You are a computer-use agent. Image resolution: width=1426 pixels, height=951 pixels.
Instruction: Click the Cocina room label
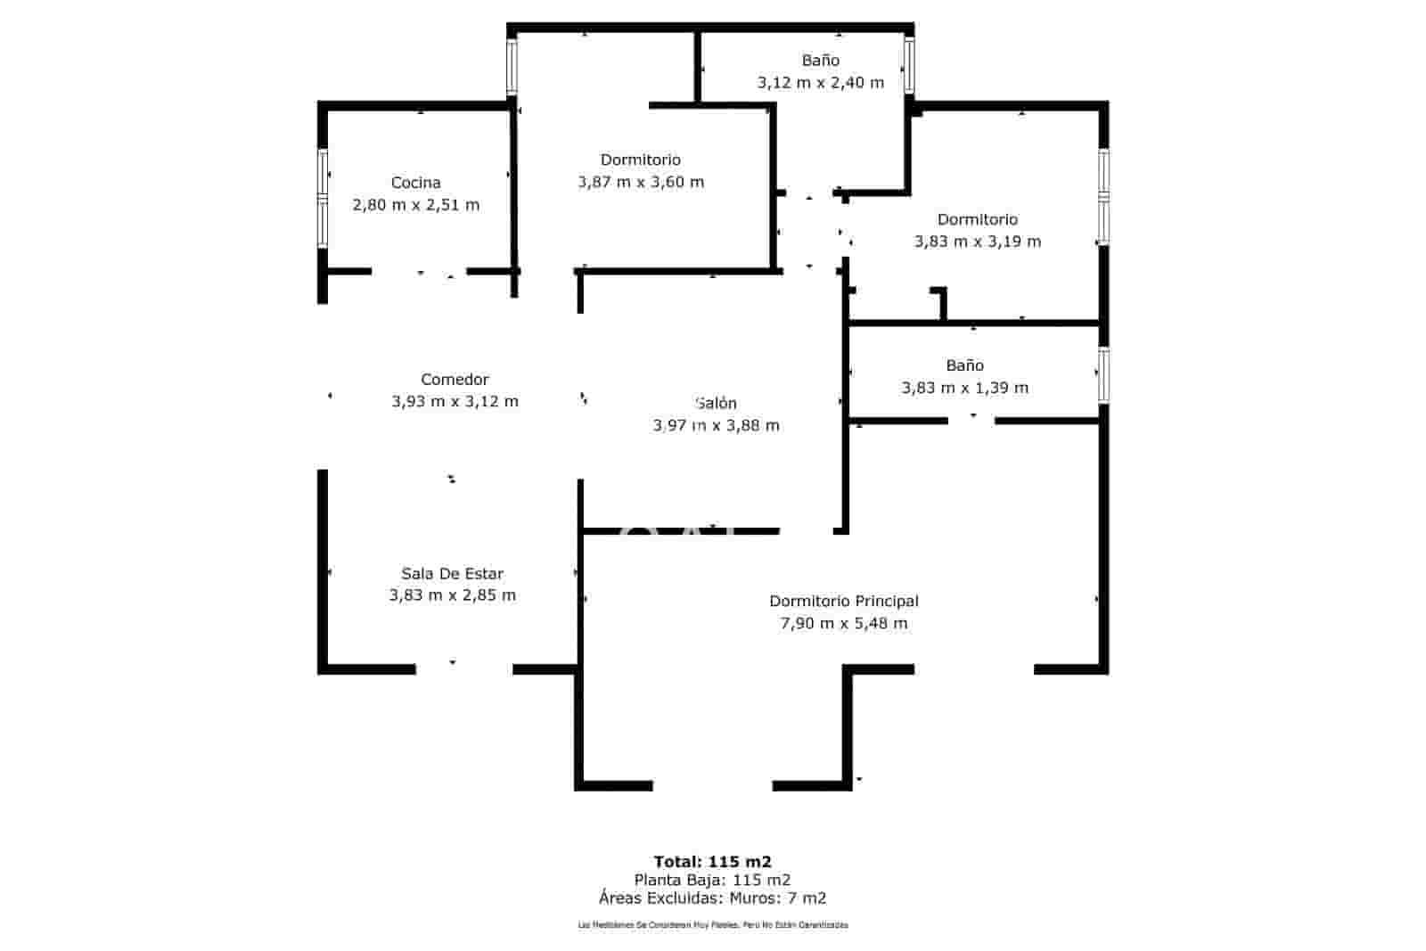pyautogui.click(x=415, y=183)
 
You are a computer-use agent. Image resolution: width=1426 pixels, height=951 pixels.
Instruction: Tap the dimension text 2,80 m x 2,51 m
pyautogui.click(x=416, y=205)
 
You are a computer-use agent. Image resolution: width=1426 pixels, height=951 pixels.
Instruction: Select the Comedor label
pyautogui.click(x=455, y=380)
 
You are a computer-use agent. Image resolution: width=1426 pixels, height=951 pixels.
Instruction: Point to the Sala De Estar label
pyautogui.click(x=452, y=574)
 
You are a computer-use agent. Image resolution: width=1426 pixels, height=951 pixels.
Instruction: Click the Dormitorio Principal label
pyautogui.click(x=844, y=602)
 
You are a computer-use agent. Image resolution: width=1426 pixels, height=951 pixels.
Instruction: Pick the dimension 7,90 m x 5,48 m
pyautogui.click(x=844, y=624)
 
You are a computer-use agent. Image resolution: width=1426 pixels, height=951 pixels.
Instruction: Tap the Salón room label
pyautogui.click(x=716, y=403)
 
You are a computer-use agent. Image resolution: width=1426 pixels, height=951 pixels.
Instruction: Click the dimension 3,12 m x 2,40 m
pyautogui.click(x=821, y=83)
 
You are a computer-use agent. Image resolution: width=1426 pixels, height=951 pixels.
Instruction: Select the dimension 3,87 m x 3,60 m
pyautogui.click(x=641, y=182)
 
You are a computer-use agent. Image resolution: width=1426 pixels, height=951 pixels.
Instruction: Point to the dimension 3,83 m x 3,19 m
pyautogui.click(x=978, y=242)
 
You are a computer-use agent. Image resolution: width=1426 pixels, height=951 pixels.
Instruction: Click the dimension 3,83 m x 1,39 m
pyautogui.click(x=965, y=388)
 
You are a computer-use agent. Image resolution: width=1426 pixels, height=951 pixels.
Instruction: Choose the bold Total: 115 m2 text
pyautogui.click(x=713, y=862)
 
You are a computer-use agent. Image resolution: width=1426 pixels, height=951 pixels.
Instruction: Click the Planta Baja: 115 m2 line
pyautogui.click(x=713, y=881)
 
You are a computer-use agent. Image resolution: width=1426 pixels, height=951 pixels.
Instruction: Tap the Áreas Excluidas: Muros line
pyautogui.click(x=713, y=898)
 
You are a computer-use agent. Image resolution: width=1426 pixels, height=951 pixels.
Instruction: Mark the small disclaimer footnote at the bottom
pyautogui.click(x=713, y=925)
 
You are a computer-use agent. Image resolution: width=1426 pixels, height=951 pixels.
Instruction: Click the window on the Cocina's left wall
pyautogui.click(x=324, y=198)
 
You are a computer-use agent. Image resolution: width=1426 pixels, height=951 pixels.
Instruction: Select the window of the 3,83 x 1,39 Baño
pyautogui.click(x=1103, y=375)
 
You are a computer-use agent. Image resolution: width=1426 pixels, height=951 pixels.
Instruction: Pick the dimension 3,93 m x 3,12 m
pyautogui.click(x=455, y=402)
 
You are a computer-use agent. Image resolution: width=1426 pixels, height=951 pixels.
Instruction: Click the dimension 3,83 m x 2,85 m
pyautogui.click(x=452, y=595)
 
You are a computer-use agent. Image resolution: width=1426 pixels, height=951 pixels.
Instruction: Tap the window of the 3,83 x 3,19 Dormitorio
pyautogui.click(x=1103, y=196)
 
